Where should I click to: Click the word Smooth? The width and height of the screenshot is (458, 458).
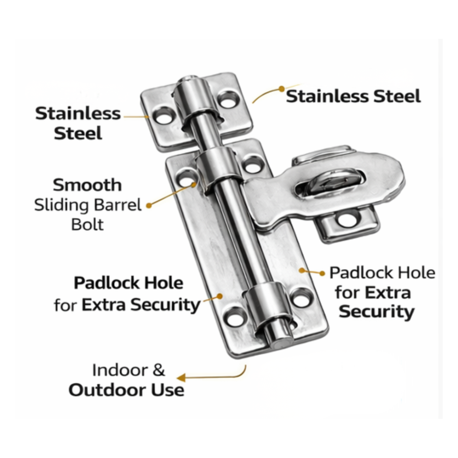pyautogui.click(x=87, y=185)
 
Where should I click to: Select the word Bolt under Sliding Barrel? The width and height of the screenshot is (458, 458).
pyautogui.click(x=87, y=224)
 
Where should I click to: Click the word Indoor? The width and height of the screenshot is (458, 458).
pyautogui.click(x=120, y=370)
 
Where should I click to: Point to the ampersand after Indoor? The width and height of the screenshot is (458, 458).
pyautogui.click(x=158, y=370)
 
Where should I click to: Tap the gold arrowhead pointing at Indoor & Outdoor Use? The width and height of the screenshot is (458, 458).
pyautogui.click(x=181, y=378)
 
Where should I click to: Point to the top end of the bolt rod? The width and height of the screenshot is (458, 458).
pyautogui.click(x=188, y=79)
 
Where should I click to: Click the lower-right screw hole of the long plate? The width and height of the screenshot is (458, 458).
pyautogui.click(x=301, y=297)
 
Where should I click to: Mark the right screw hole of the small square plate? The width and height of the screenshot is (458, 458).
pyautogui.click(x=229, y=99)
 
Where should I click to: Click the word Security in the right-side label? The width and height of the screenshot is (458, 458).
pyautogui.click(x=376, y=312)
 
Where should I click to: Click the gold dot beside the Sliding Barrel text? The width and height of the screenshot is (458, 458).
pyautogui.click(x=149, y=206)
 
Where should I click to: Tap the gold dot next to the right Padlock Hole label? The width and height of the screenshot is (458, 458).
pyautogui.click(x=322, y=273)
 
